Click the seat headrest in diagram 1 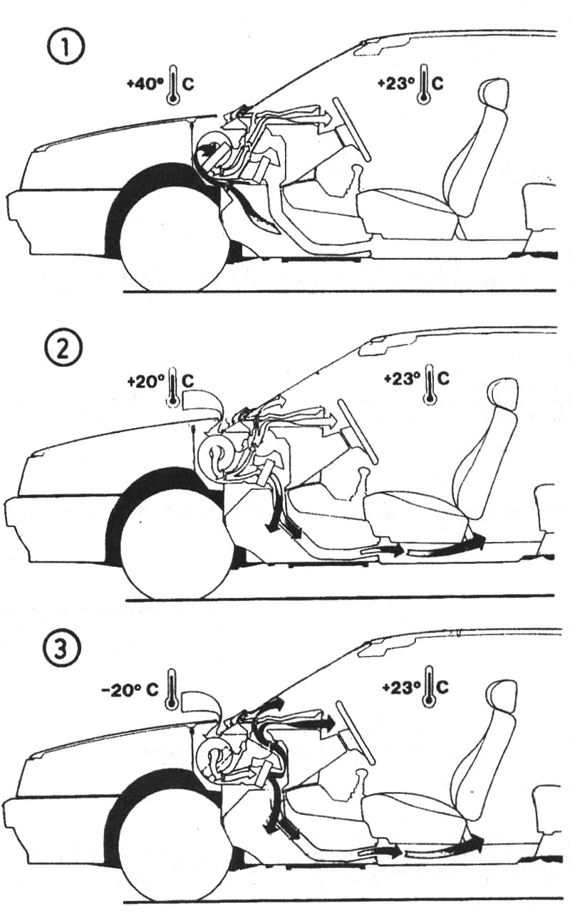tap(494, 95)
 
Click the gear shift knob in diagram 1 tap(357, 169)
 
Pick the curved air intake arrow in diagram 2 tap(202, 402)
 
